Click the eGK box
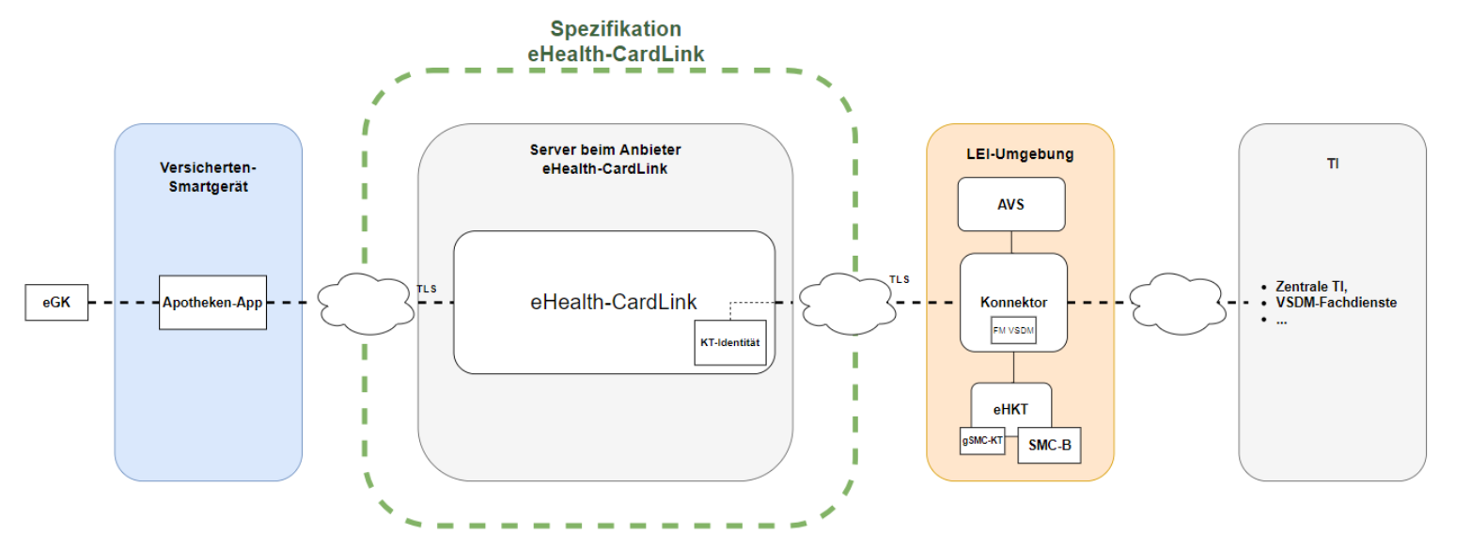[x=56, y=303]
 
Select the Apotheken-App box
[x=212, y=303]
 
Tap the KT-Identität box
[x=730, y=344]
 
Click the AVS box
[x=1010, y=204]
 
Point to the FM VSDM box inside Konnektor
[x=1012, y=330]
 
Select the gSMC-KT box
[x=981, y=439]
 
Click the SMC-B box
[x=1049, y=446]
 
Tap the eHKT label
[x=1010, y=408]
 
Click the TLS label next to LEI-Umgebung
[x=900, y=280]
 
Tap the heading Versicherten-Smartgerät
[x=208, y=176]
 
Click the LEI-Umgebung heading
[x=1020, y=154]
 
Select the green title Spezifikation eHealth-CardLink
[x=616, y=41]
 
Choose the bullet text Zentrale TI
[x=1310, y=286]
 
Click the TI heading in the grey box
[x=1332, y=164]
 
